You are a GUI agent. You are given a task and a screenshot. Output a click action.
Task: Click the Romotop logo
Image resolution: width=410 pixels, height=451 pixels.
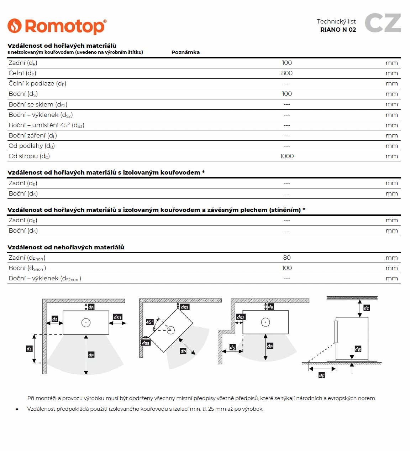point(57,26)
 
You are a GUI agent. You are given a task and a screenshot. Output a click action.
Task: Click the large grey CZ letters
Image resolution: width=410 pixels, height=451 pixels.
point(383,23)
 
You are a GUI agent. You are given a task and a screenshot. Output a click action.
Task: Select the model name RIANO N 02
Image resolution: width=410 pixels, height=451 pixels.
point(338,30)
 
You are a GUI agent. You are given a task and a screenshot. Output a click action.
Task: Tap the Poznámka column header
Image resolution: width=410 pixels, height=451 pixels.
point(185,52)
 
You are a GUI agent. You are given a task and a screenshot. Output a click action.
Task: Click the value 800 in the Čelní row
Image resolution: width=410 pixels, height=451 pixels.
point(287,73)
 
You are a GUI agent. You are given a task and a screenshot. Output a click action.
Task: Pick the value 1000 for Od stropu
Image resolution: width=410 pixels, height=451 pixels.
point(287,156)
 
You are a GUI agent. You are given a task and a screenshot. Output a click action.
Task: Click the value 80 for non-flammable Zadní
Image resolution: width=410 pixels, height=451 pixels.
point(287,258)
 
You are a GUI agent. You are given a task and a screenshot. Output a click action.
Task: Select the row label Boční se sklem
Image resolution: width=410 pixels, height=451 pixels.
point(38,105)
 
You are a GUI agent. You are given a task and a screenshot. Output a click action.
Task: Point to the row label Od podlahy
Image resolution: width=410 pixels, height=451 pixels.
point(32,146)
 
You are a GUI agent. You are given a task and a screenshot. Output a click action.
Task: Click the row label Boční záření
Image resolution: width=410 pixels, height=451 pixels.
point(33,136)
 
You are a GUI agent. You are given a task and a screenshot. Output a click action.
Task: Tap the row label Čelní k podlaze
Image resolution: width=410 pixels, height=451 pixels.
point(37,84)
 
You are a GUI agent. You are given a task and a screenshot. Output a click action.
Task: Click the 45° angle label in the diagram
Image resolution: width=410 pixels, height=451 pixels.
point(149,322)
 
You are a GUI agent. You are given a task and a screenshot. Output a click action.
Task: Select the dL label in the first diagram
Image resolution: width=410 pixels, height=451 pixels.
point(29,349)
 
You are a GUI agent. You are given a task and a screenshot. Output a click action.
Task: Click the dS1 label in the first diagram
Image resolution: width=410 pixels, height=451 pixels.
point(117,317)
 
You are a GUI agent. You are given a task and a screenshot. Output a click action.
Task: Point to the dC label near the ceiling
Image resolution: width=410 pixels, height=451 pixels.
point(367,308)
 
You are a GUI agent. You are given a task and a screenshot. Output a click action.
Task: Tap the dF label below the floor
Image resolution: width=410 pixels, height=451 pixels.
point(322,375)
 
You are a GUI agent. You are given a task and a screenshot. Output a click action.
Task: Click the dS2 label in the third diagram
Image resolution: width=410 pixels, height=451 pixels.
point(241,317)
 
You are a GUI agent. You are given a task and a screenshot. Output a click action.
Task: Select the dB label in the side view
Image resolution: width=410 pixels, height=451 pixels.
point(358,349)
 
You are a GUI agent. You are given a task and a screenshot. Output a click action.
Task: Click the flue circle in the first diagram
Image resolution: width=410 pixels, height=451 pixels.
point(86,323)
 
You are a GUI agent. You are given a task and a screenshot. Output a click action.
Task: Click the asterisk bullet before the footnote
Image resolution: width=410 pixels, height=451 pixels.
point(17,409)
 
